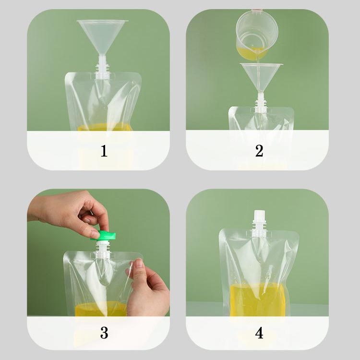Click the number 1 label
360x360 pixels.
pyautogui.click(x=104, y=151)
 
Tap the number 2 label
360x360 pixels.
pyautogui.click(x=259, y=151)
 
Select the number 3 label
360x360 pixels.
pyautogui.click(x=104, y=333)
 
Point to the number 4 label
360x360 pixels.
pyautogui.click(x=259, y=333)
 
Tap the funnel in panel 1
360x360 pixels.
pyautogui.click(x=102, y=39)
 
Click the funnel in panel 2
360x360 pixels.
pyautogui.click(x=261, y=78)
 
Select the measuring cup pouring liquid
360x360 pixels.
pyautogui.click(x=257, y=35)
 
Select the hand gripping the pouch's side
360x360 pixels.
pyautogui.click(x=147, y=287)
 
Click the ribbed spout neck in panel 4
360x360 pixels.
pyautogui.click(x=259, y=228)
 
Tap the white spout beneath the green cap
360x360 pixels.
pyautogui.click(x=103, y=248)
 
